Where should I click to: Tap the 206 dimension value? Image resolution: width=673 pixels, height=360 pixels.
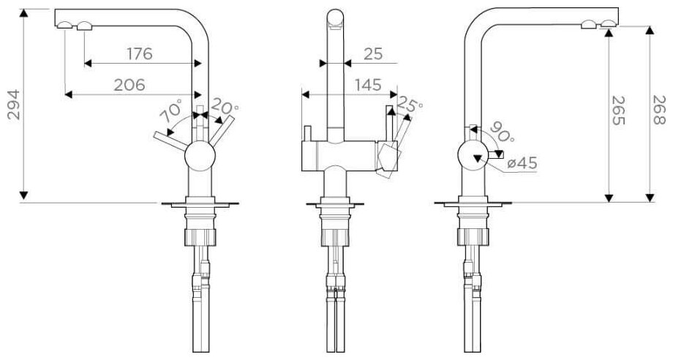click(129, 85)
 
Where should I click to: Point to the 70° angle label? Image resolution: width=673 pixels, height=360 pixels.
click(170, 113)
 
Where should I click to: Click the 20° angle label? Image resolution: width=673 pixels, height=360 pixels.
click(224, 107)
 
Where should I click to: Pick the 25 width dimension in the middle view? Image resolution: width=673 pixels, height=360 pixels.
click(372, 53)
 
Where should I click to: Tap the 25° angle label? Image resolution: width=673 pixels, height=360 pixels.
click(410, 107)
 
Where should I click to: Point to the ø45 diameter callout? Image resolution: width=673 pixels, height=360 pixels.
click(522, 162)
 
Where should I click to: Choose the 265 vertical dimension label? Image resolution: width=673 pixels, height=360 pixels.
click(619, 110)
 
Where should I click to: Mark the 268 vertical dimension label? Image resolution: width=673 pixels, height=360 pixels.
click(658, 110)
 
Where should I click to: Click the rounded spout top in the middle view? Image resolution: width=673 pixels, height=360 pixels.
click(334, 18)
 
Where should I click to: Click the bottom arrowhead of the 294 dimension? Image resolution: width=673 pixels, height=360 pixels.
click(24, 195)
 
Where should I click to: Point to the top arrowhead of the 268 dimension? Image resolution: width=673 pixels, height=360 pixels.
click(649, 30)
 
